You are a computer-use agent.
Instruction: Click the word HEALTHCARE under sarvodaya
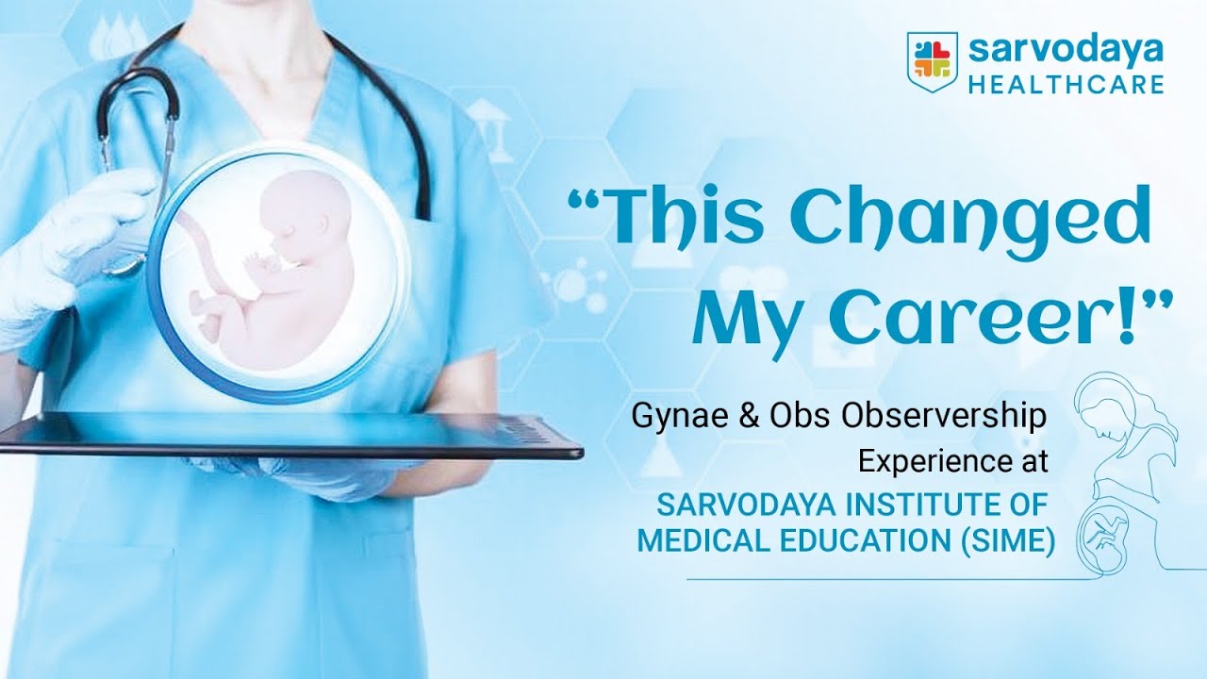[x=1066, y=85]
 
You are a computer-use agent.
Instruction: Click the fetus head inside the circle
[x=295, y=216]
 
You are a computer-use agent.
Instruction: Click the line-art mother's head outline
[x=1103, y=414]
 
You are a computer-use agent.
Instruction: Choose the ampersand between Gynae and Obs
[x=747, y=417]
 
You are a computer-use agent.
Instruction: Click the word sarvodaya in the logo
[x=1066, y=49]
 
